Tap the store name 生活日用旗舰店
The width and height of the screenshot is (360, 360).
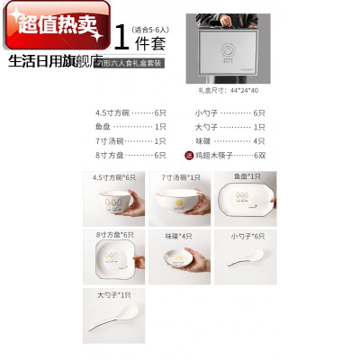click(x=53, y=63)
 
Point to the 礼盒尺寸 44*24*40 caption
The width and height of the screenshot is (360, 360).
click(x=228, y=91)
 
